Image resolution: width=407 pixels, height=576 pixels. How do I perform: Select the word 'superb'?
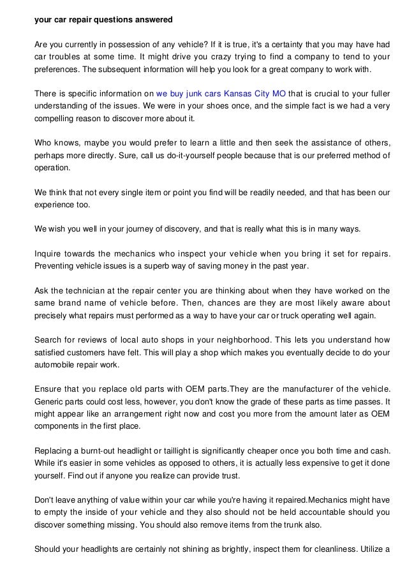pyautogui.click(x=171, y=265)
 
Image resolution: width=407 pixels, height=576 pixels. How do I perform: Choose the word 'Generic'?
pyautogui.click(x=49, y=401)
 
